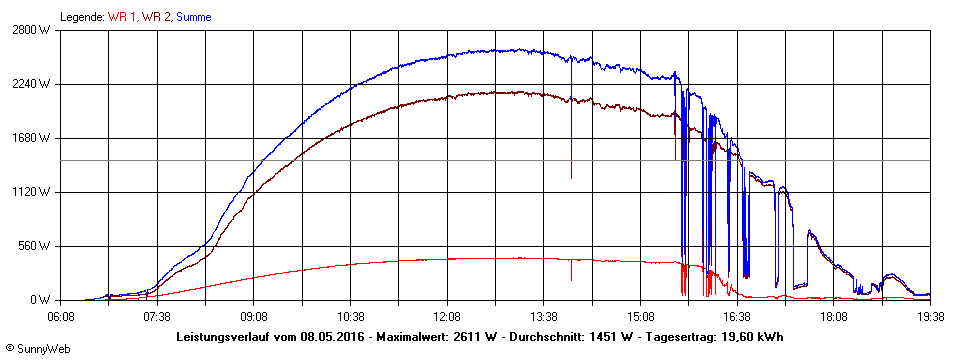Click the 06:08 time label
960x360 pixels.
coord(60,316)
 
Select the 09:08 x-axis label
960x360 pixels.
coord(254,316)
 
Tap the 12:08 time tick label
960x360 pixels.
coord(447,316)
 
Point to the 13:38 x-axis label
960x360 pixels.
coord(544,316)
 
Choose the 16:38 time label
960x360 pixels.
coord(737,316)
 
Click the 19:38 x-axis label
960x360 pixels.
coord(930,316)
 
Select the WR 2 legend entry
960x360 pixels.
coord(157,17)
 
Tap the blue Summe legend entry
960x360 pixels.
coord(194,17)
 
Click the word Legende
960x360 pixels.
coord(81,17)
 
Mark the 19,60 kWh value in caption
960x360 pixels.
coord(752,337)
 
